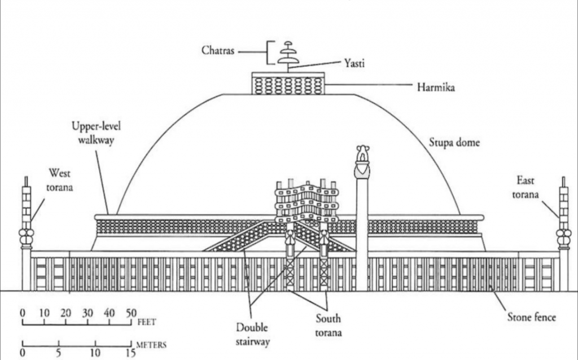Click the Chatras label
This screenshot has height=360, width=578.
coord(218,51)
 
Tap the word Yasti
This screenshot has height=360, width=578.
coord(354,64)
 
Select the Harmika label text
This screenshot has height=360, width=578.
coord(436,87)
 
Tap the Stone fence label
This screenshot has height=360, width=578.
coord(532,317)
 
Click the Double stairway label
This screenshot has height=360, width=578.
coord(252,334)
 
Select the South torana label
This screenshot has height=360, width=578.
coord(329,326)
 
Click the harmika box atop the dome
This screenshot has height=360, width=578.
coord(288,84)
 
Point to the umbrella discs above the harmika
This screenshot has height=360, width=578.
coord(288,53)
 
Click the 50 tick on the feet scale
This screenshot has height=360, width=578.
coord(131,313)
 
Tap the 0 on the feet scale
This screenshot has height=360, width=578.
coord(23,313)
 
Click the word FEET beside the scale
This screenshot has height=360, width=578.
coord(147,323)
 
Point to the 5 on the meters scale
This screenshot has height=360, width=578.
coord(58,353)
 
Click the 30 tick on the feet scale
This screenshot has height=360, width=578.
coord(87,313)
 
